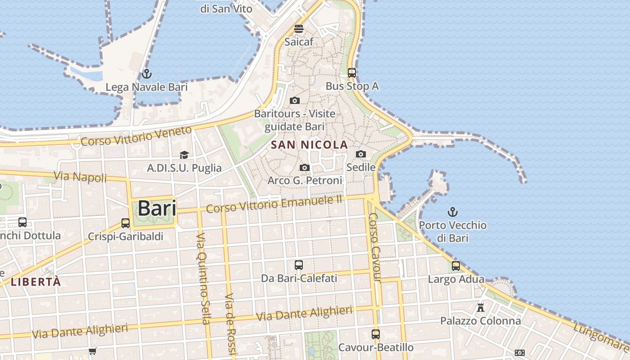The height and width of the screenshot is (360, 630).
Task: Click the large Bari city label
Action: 157,208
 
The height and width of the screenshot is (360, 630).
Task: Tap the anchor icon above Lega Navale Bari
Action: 146,74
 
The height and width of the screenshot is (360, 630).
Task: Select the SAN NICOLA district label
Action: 310,145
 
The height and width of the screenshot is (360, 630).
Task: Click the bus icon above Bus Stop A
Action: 352,72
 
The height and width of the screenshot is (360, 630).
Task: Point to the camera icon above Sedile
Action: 360,154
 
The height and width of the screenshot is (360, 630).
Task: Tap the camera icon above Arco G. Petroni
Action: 305,168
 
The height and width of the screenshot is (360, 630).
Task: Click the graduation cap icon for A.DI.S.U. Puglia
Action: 184,155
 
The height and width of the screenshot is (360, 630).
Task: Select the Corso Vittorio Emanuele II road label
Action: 274,204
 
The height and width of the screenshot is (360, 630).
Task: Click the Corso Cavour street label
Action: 375,247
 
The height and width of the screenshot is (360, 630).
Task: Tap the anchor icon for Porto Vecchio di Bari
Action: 453,211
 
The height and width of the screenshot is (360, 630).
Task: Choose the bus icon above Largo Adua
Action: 456,266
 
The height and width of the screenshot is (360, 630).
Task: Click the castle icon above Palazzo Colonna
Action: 481,308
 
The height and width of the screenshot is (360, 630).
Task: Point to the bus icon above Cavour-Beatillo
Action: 376,334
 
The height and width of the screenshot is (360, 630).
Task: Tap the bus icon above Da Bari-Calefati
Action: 299,265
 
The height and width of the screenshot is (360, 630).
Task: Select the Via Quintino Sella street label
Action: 203,278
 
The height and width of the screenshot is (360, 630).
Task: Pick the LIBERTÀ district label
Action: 36,282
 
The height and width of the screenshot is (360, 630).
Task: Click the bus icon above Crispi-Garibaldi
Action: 126,223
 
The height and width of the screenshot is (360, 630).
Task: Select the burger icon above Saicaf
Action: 299,29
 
